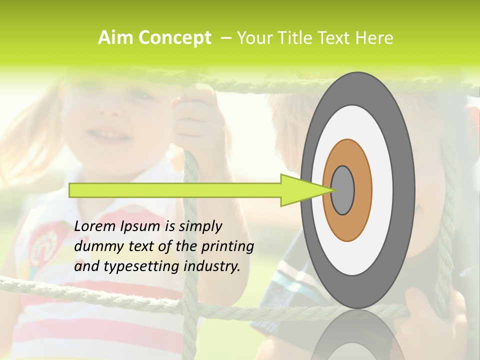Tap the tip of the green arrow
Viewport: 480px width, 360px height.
point(332,190)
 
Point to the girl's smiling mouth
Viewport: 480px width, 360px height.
point(110,135)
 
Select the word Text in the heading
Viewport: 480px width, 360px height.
point(334,38)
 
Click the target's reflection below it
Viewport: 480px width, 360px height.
point(357,337)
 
